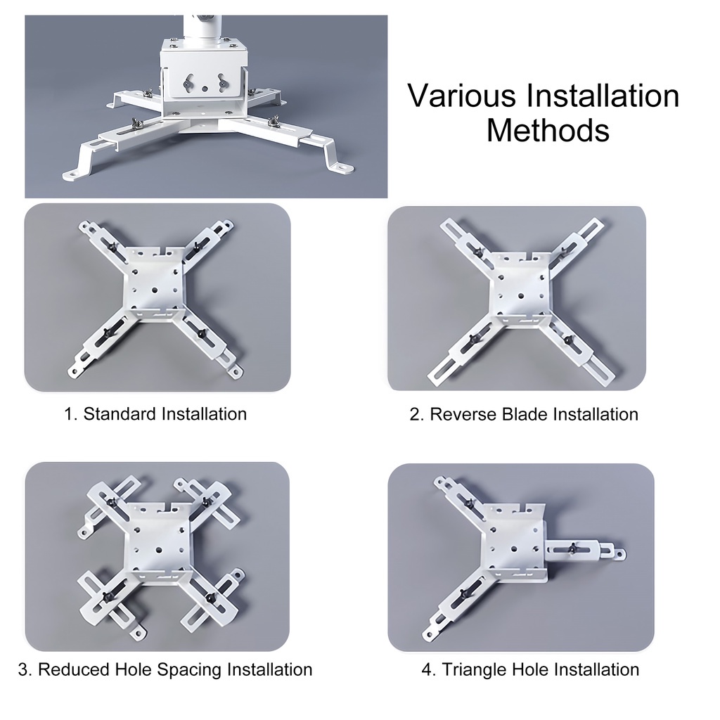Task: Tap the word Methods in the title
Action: [x=548, y=130]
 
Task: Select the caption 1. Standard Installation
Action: [x=155, y=413]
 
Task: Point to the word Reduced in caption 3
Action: [x=74, y=669]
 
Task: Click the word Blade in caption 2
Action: [x=525, y=414]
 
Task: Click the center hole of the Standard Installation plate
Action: [x=154, y=290]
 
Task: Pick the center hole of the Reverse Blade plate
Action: [x=521, y=295]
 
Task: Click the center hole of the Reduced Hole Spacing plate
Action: [x=159, y=549]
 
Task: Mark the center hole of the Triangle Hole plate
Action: [x=514, y=548]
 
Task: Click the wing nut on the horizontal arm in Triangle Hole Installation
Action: [x=572, y=548]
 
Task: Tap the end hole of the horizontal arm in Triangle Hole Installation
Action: [x=621, y=555]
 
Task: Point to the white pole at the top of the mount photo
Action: [x=202, y=27]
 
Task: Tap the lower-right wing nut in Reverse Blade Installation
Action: [x=568, y=340]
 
